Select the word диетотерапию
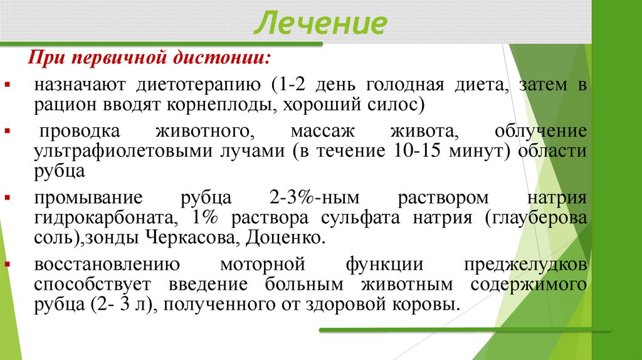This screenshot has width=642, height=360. click(198, 85)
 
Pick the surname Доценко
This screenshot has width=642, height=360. click(286, 237)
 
